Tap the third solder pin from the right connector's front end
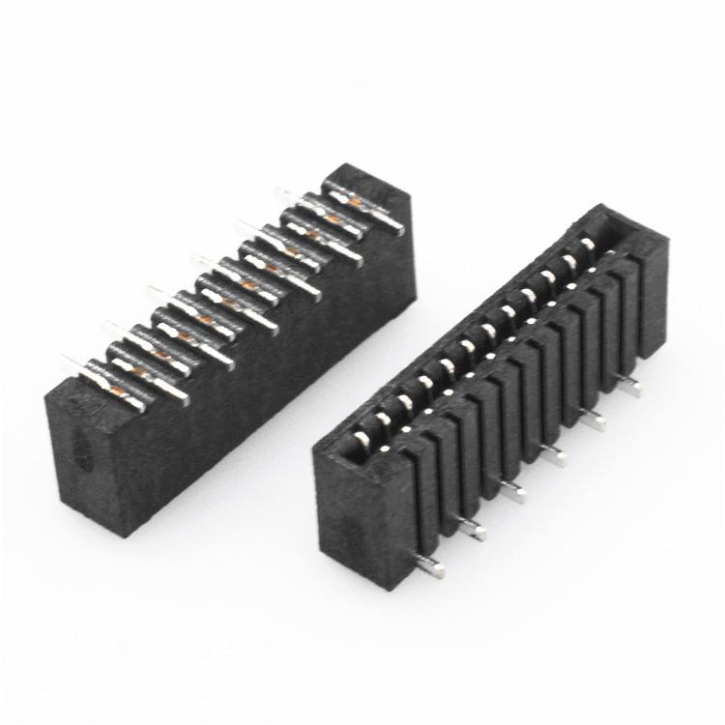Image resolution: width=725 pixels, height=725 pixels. pyautogui.click(x=512, y=492)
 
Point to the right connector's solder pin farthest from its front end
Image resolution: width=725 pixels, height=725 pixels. pyautogui.click(x=629, y=386)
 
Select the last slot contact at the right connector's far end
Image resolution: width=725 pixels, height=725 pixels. pyautogui.click(x=587, y=244)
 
